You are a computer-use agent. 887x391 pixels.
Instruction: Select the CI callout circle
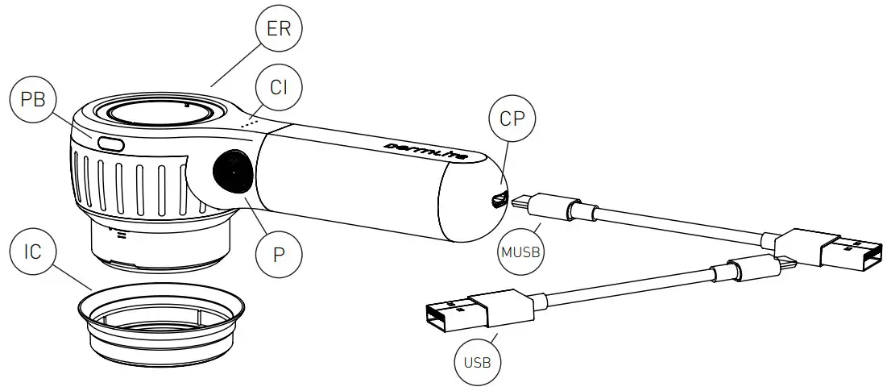tap(278, 88)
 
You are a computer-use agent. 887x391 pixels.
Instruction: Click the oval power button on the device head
tap(110, 144)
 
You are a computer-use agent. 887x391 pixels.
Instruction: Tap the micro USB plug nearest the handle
tap(536, 204)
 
